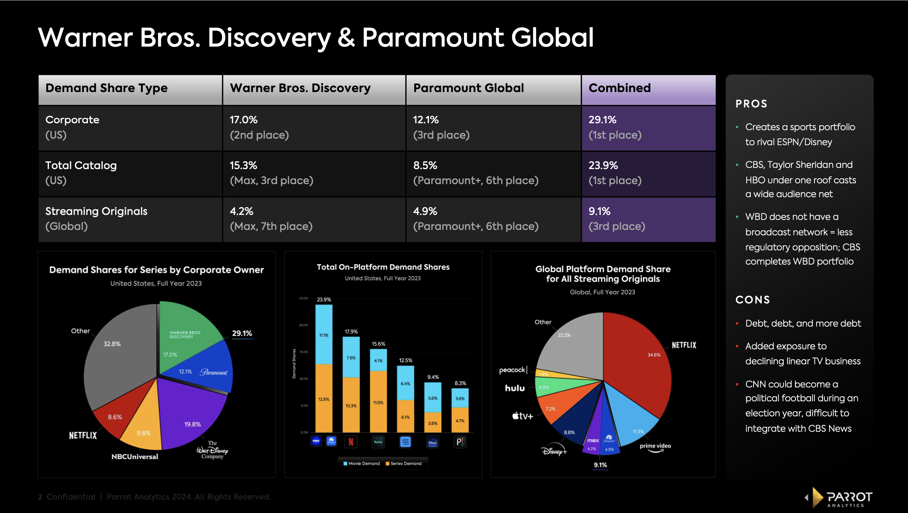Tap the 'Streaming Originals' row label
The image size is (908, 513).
[97, 211]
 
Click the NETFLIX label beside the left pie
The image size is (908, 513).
[83, 435]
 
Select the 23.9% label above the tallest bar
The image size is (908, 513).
[324, 299]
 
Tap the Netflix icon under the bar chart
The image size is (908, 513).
[351, 442]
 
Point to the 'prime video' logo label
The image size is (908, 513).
[655, 447]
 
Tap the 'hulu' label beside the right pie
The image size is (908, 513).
[515, 388]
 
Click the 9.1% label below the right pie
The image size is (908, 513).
[600, 465]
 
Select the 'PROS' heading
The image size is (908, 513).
[751, 104]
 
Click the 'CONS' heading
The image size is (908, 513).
[752, 300]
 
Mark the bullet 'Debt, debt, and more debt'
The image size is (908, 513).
[803, 323]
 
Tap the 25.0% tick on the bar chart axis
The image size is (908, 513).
[303, 298]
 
